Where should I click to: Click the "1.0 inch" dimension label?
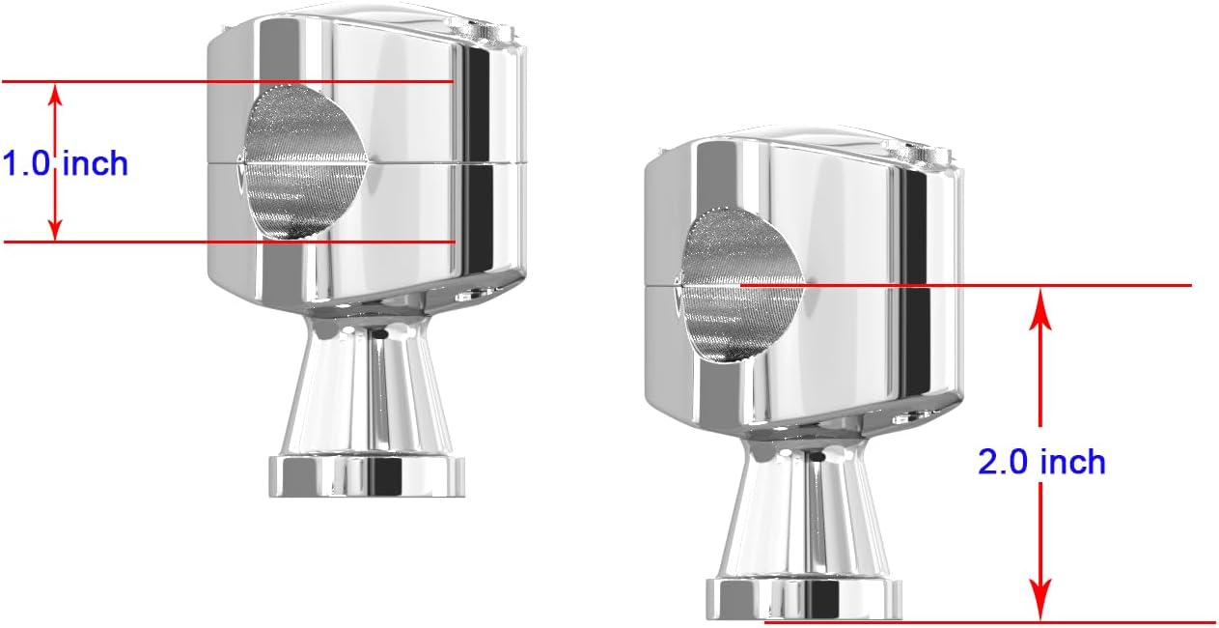(x=65, y=163)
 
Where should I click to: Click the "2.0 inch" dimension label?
(x=1041, y=462)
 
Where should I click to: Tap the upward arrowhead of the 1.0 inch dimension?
(x=56, y=93)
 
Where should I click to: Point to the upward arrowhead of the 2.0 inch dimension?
(x=1039, y=299)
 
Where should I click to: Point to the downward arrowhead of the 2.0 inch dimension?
(x=1039, y=609)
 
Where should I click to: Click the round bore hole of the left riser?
(x=304, y=163)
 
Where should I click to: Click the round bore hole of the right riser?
(x=740, y=286)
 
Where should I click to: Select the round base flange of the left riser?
(x=367, y=474)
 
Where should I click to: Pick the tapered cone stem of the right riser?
(x=804, y=512)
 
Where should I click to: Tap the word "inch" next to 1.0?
(x=96, y=163)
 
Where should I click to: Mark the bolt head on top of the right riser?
(x=917, y=151)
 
